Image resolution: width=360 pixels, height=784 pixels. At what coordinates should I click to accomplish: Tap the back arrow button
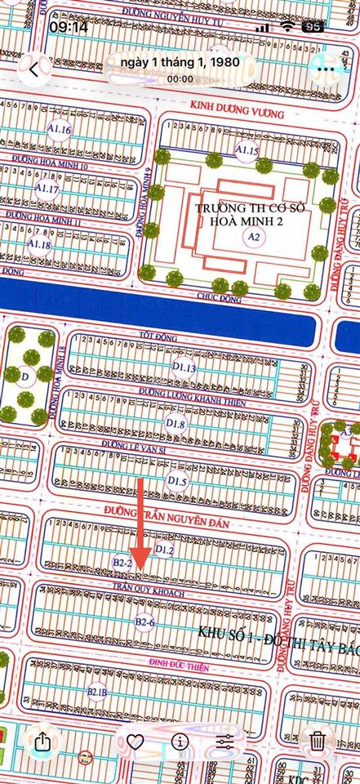pos(33,70)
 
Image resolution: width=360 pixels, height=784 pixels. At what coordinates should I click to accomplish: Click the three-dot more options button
pos(328,70)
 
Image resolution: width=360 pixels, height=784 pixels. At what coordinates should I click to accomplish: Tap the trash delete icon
pos(318,742)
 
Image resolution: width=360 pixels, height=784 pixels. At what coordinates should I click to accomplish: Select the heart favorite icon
pos(136,742)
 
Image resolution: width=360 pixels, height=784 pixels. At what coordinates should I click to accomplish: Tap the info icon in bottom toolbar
pos(180,742)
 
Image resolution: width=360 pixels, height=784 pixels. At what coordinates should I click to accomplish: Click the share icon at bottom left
pos(42,742)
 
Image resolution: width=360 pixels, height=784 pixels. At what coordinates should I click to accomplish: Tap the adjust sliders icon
pos(225,742)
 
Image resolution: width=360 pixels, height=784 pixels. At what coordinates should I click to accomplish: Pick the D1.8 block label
pos(176,425)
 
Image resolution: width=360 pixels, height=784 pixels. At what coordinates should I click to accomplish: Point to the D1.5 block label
pos(178,482)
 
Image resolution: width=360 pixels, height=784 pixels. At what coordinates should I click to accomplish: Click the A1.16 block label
pos(60,131)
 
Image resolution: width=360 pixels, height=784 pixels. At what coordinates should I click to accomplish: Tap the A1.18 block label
pos(39,244)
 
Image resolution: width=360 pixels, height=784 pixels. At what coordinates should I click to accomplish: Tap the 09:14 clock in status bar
pos(69,27)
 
